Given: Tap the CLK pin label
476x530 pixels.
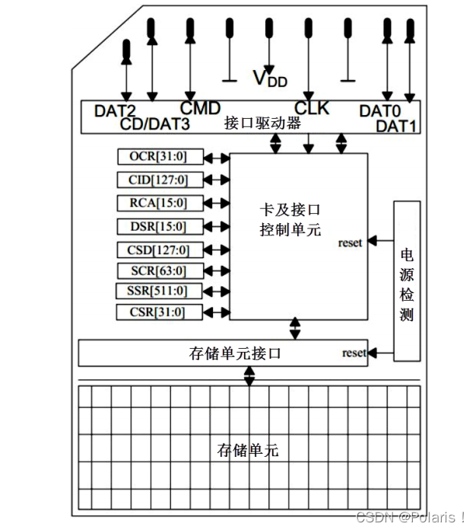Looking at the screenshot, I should (x=312, y=108).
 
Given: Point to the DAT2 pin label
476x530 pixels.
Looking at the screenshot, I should (x=115, y=110).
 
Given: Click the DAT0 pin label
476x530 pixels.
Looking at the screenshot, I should (x=380, y=110).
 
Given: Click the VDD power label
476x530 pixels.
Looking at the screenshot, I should (x=270, y=78).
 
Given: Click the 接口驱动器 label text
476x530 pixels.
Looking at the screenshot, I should (x=263, y=123).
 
